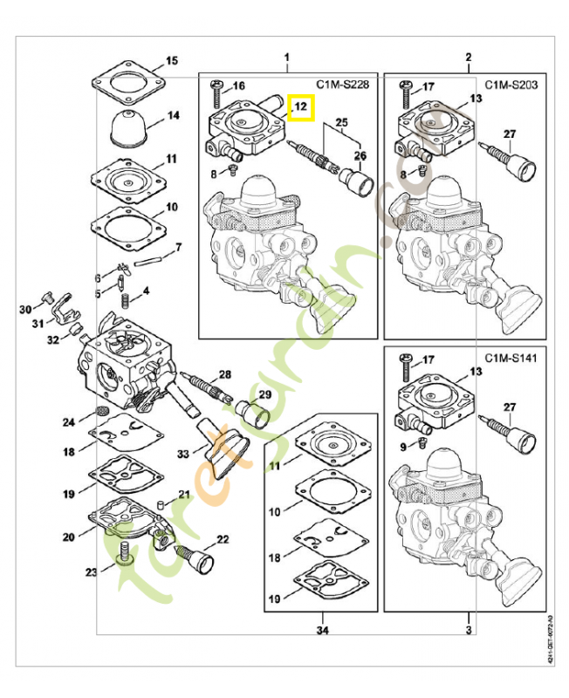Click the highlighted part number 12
[x=300, y=107]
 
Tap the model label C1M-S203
[x=511, y=84]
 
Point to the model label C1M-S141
[x=511, y=359]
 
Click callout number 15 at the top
[x=172, y=61]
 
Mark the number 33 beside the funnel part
[x=182, y=454]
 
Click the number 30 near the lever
[x=25, y=309]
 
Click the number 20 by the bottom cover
[x=68, y=537]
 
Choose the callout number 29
[x=264, y=395]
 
